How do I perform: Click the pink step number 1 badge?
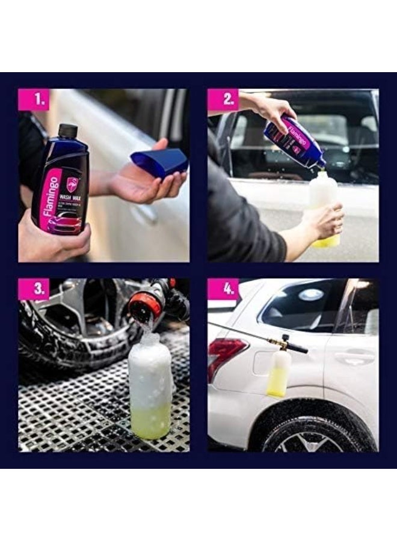point(33,100)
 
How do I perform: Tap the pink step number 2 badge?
point(223,100)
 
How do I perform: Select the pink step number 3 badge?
point(33,289)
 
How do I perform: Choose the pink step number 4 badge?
point(223,289)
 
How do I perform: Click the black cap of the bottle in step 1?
point(68,131)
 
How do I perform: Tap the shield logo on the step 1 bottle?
point(72,185)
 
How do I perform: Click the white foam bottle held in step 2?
point(324,207)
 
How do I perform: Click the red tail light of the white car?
point(226,356)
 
